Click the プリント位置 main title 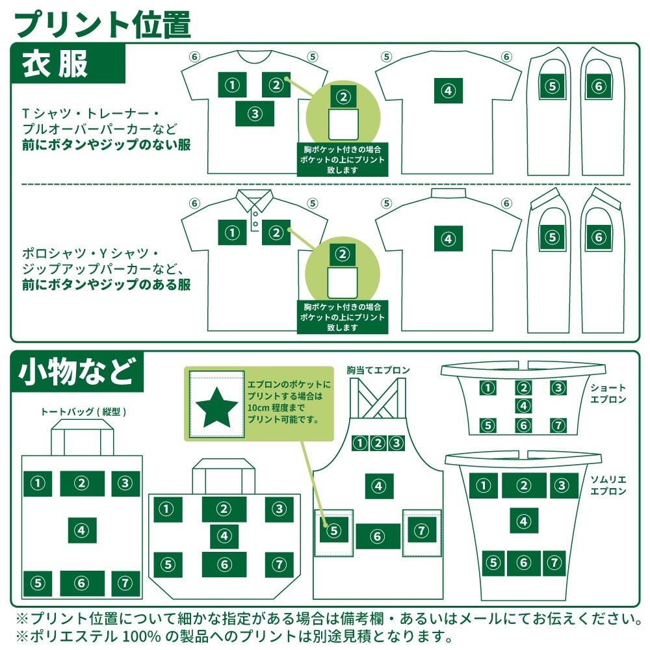click(103, 24)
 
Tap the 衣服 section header click(55, 64)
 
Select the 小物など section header click(77, 371)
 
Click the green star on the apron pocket click(216, 407)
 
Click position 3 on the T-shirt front click(255, 114)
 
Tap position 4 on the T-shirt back click(448, 90)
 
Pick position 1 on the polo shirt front click(232, 233)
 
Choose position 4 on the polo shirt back click(448, 239)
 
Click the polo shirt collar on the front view click(254, 199)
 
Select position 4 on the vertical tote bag click(82, 530)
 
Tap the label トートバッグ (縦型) click(83, 411)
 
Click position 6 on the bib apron click(378, 536)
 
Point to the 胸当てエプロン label click(378, 370)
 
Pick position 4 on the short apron click(523, 406)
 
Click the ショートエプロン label click(608, 393)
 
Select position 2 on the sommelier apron click(523, 486)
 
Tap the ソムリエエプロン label click(608, 486)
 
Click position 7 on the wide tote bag click(279, 565)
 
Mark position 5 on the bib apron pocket click(333, 530)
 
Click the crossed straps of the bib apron click(378, 398)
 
